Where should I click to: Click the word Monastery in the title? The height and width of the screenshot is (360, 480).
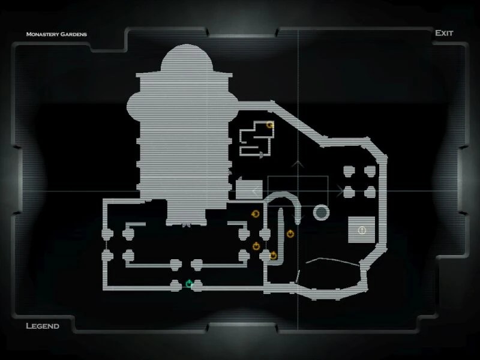(41, 34)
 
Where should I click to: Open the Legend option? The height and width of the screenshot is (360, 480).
(42, 326)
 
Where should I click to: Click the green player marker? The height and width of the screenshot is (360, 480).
(190, 283)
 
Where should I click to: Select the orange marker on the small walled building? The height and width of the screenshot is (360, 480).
(270, 125)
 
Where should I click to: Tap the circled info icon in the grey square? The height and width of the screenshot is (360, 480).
(361, 230)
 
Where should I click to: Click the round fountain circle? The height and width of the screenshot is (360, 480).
(322, 212)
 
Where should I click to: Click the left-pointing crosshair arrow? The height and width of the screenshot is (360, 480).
(257, 191)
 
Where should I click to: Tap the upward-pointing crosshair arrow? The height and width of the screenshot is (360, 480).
(298, 163)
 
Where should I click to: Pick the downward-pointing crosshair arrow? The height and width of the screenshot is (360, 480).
(298, 217)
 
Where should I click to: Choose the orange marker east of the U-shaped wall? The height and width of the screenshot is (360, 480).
(290, 233)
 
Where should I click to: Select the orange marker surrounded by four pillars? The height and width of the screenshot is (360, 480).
(257, 245)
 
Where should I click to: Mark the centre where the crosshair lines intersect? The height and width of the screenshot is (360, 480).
(298, 191)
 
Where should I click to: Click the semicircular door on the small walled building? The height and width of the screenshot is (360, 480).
(262, 154)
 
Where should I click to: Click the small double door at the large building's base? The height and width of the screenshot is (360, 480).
(186, 226)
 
